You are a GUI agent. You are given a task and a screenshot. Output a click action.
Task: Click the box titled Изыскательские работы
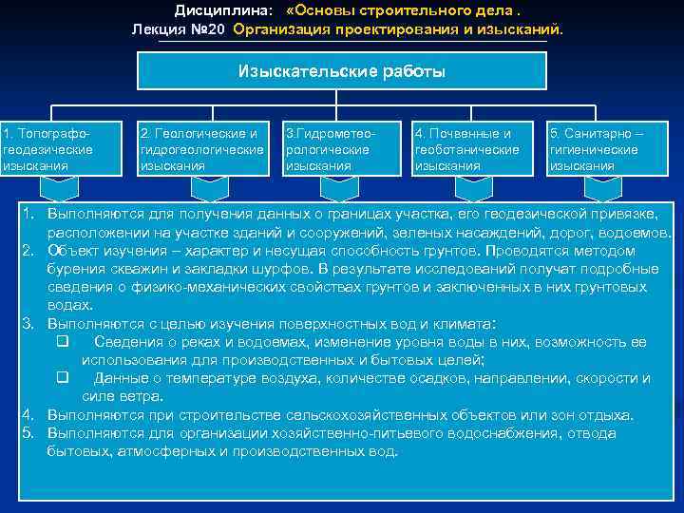(x=342, y=71)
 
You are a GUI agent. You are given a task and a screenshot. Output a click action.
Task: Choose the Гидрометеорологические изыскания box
(x=342, y=149)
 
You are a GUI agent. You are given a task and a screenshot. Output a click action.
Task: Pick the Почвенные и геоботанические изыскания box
(x=473, y=149)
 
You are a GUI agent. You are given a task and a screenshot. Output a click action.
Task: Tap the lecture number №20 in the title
(x=208, y=29)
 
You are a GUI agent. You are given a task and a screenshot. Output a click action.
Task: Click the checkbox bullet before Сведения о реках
(x=63, y=342)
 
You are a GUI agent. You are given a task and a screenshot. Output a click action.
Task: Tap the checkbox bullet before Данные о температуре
(x=63, y=378)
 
